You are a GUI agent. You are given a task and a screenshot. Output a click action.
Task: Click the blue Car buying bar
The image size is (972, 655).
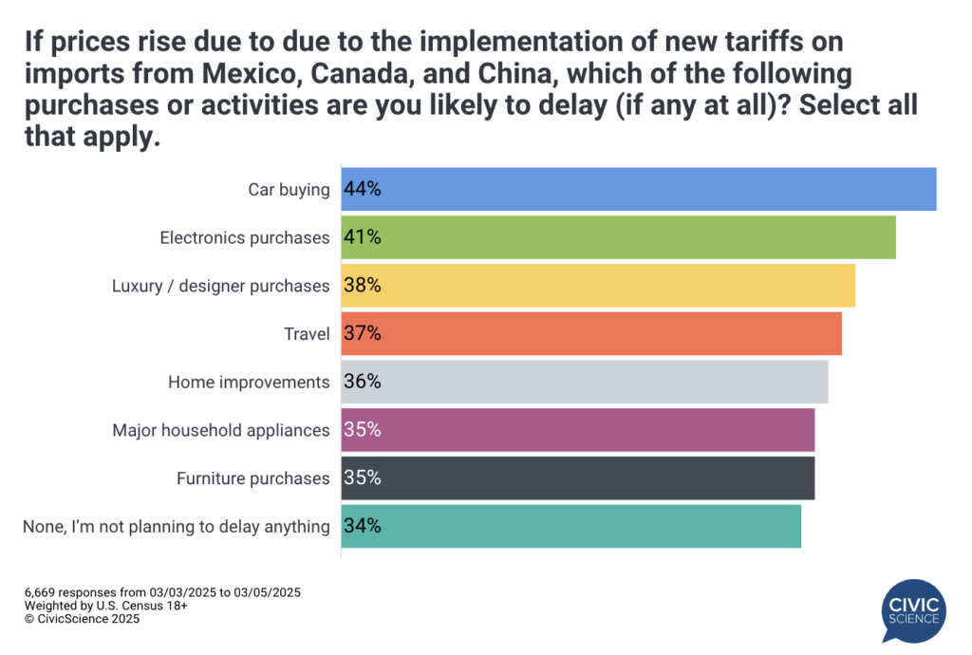pyautogui.click(x=638, y=189)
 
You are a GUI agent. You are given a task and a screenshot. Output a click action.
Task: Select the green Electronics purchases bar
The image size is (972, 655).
pyautogui.click(x=618, y=237)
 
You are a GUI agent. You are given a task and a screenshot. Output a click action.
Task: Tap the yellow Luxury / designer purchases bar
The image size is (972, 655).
pyautogui.click(x=598, y=285)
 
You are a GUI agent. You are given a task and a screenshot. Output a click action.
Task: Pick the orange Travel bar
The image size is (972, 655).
pyautogui.click(x=590, y=333)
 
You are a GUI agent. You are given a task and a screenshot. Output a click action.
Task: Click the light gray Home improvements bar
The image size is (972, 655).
pyautogui.click(x=584, y=382)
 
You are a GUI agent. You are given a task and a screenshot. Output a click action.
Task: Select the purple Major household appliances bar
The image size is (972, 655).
pyautogui.click(x=577, y=429)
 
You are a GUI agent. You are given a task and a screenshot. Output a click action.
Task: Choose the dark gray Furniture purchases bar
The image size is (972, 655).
pyautogui.click(x=577, y=477)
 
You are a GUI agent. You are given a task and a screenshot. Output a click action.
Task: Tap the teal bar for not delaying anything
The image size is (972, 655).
pyautogui.click(x=570, y=526)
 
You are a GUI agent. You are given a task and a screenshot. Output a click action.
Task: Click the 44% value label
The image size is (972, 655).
pyautogui.click(x=363, y=189)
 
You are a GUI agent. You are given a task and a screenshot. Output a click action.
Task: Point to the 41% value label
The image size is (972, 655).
pyautogui.click(x=363, y=237)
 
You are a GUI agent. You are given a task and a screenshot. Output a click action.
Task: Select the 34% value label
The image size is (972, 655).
pyautogui.click(x=363, y=526)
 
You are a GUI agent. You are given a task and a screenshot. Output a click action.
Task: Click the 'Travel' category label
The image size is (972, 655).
pyautogui.click(x=307, y=334)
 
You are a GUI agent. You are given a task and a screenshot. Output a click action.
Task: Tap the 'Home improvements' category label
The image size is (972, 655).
pyautogui.click(x=249, y=382)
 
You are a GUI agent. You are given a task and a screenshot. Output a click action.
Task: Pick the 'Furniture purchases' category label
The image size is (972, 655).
pyautogui.click(x=253, y=478)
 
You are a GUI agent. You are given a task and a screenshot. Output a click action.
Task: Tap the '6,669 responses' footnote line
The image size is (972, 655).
pyautogui.click(x=162, y=592)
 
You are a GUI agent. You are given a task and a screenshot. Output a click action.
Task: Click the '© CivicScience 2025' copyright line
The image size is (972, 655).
pyautogui.click(x=83, y=619)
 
